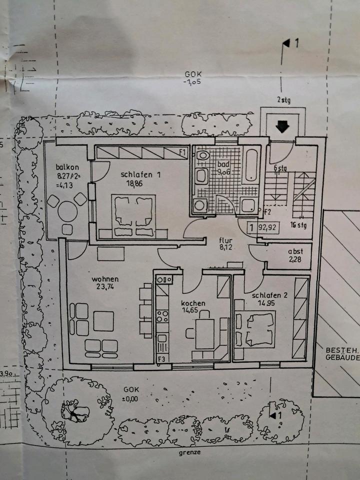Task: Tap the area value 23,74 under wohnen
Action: (104, 287)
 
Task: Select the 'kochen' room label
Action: (193, 303)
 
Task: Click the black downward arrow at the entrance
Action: (282, 127)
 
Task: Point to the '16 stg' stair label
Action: (298, 224)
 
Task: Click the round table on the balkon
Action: (67, 210)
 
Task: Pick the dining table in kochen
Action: (204, 333)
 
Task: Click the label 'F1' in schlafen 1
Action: (182, 151)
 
